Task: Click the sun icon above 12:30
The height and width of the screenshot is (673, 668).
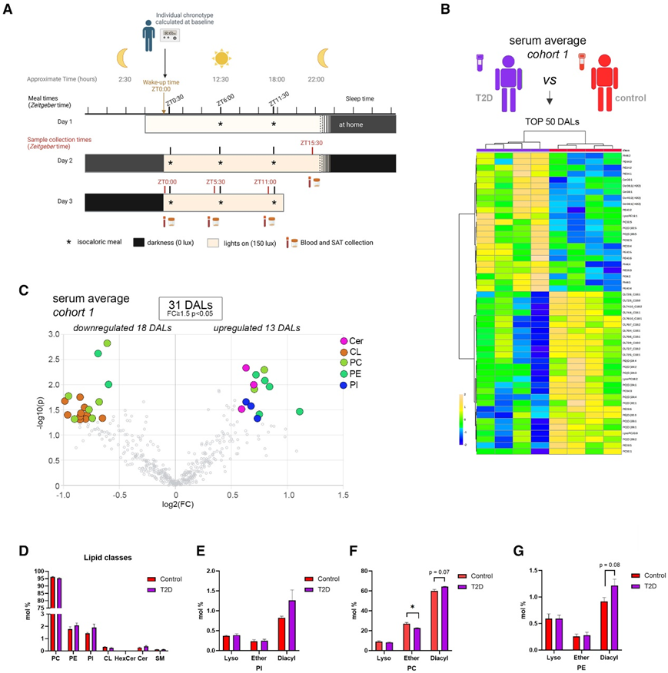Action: tap(221, 58)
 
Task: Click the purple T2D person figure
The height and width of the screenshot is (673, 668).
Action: tap(507, 80)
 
